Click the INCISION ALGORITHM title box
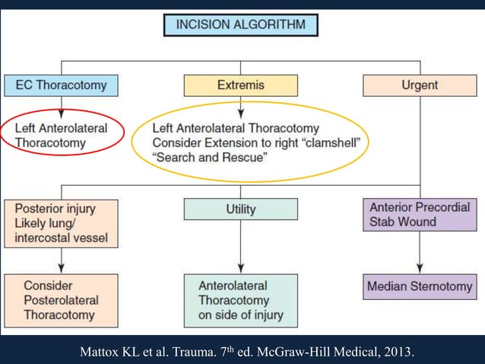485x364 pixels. [241, 24]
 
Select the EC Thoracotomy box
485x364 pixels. [62, 85]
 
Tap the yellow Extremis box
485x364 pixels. [241, 85]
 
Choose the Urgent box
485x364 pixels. [420, 85]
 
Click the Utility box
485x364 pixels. [241, 209]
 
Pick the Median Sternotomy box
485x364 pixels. [420, 287]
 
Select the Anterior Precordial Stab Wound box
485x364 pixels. [420, 214]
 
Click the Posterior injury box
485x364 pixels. [61, 222]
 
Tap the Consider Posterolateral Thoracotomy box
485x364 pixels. [61, 300]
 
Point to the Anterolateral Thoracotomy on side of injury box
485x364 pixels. [241, 300]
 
